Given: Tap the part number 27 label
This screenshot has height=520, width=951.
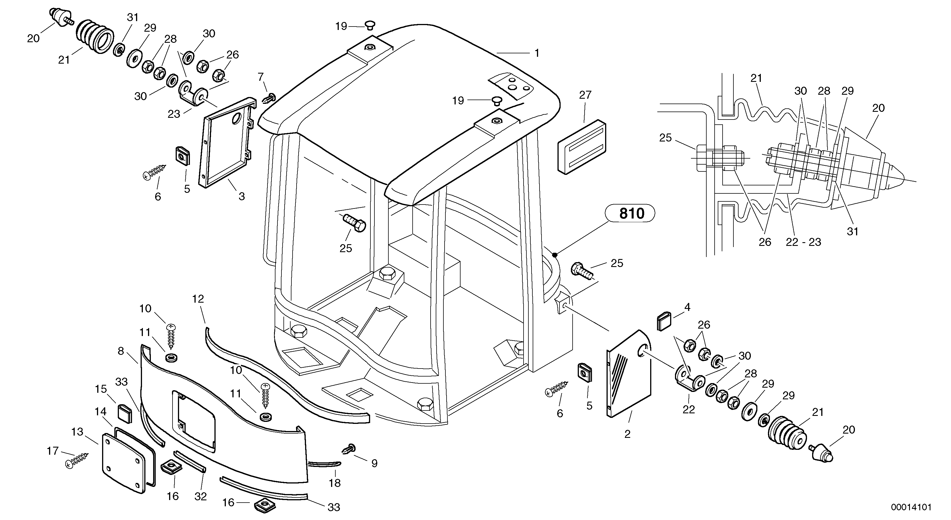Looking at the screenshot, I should [585, 95].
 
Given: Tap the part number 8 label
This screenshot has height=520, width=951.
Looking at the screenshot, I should [121, 351].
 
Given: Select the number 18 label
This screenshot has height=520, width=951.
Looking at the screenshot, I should [334, 483].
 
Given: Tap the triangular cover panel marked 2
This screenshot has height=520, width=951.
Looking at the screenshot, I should [629, 375].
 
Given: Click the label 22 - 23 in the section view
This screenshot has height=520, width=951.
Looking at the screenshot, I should [803, 242].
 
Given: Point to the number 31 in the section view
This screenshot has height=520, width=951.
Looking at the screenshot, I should [852, 232].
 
